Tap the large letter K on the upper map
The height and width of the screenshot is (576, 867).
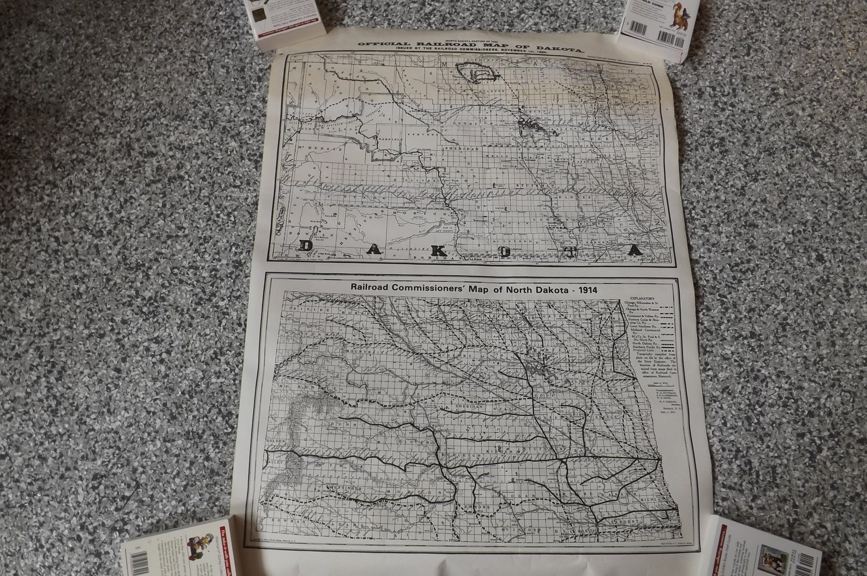point(441,250)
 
